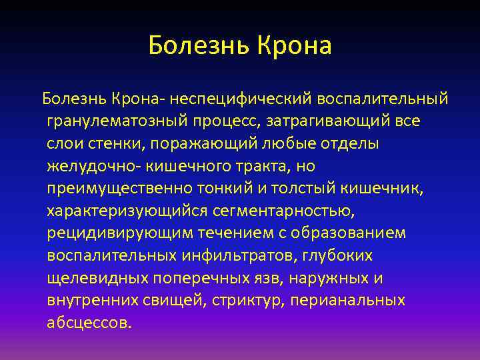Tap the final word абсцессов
[89, 323]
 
